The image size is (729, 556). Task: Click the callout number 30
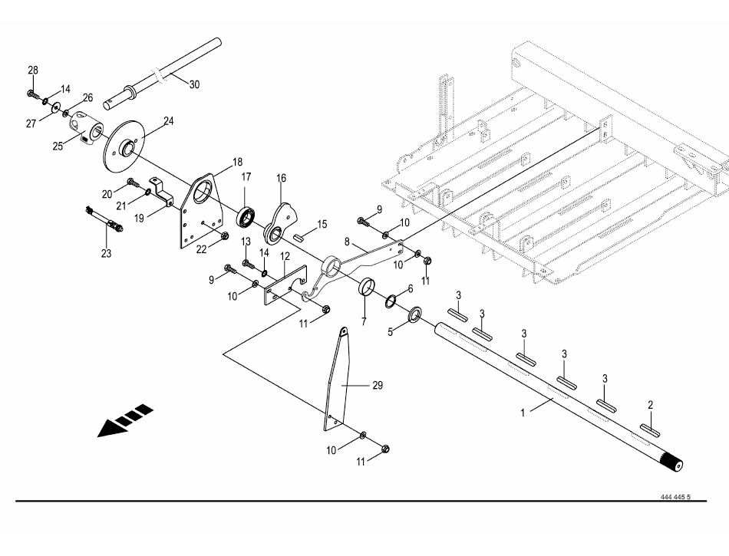coord(193,84)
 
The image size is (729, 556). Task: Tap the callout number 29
coord(377,386)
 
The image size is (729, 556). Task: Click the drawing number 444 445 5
coord(675,496)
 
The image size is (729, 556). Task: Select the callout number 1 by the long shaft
coord(523,412)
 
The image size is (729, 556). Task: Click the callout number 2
coord(650,404)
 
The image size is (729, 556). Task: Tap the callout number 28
coord(33,71)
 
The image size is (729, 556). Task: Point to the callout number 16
coord(281,178)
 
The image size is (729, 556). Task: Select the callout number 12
coord(285,255)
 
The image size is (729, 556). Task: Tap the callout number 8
coord(348,241)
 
